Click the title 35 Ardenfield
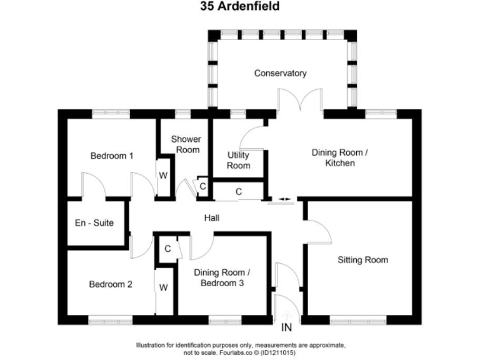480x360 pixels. [240, 7]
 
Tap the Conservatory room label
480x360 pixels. [280, 73]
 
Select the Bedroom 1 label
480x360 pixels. [112, 156]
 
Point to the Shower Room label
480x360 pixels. [186, 144]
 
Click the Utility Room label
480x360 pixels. [238, 160]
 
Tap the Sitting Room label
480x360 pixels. [362, 259]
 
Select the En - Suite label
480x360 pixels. [94, 222]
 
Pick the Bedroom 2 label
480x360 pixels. [110, 284]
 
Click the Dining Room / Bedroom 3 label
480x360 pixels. [222, 278]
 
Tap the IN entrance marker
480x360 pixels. [287, 327]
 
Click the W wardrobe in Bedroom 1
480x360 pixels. [162, 175]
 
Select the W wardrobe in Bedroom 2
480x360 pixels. [163, 287]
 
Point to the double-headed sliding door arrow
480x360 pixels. [284, 199]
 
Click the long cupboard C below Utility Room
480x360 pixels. [238, 191]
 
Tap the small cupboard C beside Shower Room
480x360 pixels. [202, 185]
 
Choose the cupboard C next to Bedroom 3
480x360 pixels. [167, 248]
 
